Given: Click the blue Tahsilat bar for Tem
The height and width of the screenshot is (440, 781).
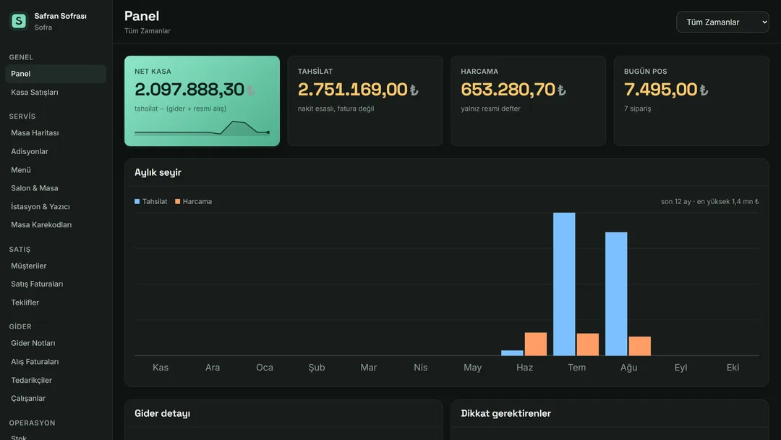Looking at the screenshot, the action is coord(564,284).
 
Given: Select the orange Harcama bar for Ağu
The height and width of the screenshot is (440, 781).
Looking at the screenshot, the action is coord(639,347).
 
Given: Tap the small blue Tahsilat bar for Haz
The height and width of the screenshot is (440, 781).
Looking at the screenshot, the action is coord(512,353).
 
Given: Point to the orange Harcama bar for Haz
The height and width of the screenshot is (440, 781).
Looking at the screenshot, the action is coord(535,344).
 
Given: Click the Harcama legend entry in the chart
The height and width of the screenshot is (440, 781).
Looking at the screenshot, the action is coord(193,201).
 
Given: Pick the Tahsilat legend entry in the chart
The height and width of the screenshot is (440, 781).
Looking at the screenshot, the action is coord(151,201).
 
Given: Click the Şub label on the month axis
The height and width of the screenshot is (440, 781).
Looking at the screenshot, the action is coord(316,367).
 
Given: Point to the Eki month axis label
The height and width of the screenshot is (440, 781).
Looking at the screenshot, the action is coord(733,367).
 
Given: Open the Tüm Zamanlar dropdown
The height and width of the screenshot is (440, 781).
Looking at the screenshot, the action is coord(722,22).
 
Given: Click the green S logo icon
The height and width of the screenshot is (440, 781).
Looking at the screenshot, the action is coord(19,21).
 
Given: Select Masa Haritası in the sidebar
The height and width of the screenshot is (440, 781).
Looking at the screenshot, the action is coord(35,133).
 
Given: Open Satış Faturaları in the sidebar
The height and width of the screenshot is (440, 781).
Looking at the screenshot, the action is coord(37,284).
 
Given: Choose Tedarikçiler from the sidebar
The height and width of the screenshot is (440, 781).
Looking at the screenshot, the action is coord(31,380).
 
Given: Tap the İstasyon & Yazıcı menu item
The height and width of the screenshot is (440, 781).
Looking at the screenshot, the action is coord(40,206).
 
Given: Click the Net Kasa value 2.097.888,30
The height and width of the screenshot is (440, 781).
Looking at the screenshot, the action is coord(189,90).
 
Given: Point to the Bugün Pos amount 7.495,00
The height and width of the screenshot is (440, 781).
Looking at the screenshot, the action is coord(660,90).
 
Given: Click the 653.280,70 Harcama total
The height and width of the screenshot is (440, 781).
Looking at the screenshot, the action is coord(508,90).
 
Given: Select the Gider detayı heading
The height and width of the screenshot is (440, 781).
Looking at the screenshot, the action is coord(163,414).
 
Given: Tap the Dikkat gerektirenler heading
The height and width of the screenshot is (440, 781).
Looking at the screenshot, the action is coord(505,414).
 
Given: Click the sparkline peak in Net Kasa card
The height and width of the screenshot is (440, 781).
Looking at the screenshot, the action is coord(236,121).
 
